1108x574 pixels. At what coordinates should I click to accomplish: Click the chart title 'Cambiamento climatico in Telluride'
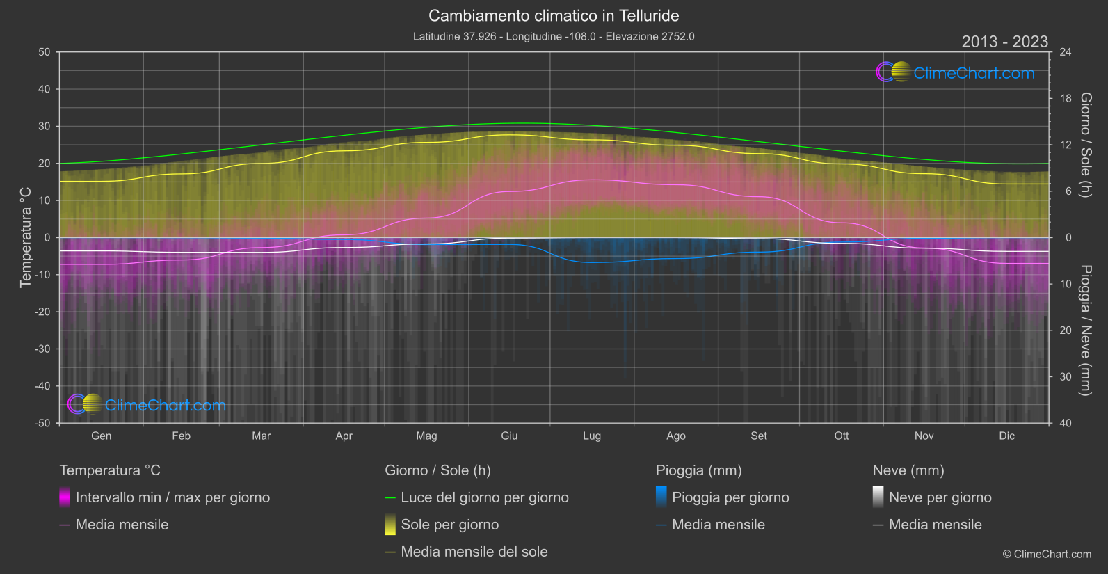(x=554, y=15)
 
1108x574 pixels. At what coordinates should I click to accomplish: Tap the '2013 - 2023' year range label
(x=1004, y=42)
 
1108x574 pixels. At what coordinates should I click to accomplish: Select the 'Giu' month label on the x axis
(x=509, y=436)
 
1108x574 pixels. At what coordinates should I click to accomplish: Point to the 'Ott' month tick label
(x=842, y=436)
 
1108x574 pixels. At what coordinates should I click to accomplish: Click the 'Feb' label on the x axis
(x=181, y=436)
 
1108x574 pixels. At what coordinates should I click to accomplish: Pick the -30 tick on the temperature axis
(x=42, y=349)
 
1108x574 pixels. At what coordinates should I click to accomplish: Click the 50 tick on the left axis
(x=45, y=52)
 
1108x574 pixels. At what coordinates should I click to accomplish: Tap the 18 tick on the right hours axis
(x=1066, y=99)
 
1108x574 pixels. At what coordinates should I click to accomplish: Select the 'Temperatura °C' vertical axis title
(x=26, y=237)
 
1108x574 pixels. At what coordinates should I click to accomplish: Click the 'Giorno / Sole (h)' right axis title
(x=1085, y=145)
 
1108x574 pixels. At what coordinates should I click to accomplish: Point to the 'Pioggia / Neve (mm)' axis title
(x=1085, y=330)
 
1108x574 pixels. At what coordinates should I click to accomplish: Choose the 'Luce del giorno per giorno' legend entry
(x=484, y=497)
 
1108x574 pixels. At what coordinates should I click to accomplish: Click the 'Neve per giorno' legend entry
(x=940, y=497)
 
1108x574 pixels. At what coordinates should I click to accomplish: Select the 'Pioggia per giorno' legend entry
(x=730, y=497)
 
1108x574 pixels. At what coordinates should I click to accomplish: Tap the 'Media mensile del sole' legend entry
(x=474, y=552)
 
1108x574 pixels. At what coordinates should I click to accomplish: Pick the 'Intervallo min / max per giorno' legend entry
(x=172, y=497)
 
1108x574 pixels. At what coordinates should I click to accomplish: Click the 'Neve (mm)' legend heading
(x=908, y=470)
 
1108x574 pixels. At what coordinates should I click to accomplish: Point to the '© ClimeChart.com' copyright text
(x=1047, y=554)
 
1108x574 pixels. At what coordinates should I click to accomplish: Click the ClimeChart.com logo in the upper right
(x=955, y=72)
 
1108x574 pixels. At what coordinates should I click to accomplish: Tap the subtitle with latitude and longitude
(x=554, y=36)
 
